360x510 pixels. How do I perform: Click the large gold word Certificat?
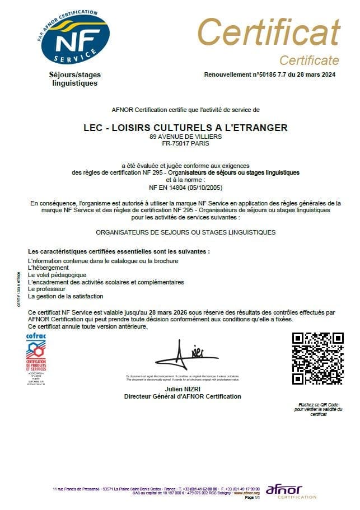point(268,32)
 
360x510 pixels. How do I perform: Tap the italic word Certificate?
point(309,60)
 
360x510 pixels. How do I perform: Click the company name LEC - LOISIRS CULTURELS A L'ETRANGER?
point(185,128)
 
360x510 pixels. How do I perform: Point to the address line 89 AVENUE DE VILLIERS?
point(185,136)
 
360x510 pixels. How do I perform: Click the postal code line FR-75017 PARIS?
point(185,143)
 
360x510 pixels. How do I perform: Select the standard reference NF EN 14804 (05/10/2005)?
point(185,188)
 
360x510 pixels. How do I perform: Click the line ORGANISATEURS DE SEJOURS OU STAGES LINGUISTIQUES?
point(185,231)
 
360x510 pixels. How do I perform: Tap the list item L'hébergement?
point(48,268)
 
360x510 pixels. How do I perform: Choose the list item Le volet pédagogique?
point(57,275)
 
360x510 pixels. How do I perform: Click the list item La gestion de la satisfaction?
point(66,296)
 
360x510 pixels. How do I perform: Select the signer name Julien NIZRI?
point(183,389)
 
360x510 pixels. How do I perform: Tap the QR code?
point(318,359)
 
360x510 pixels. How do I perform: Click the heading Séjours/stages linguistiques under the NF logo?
point(74,79)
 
